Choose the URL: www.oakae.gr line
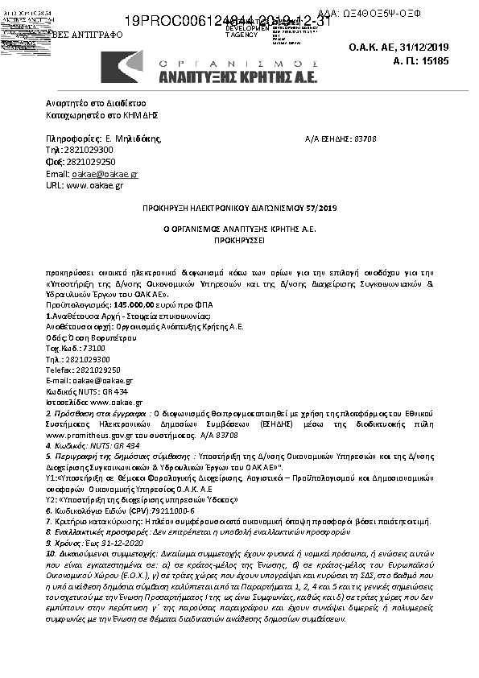[x=85, y=185]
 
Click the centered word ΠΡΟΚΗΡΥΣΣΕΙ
[x=239, y=240]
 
